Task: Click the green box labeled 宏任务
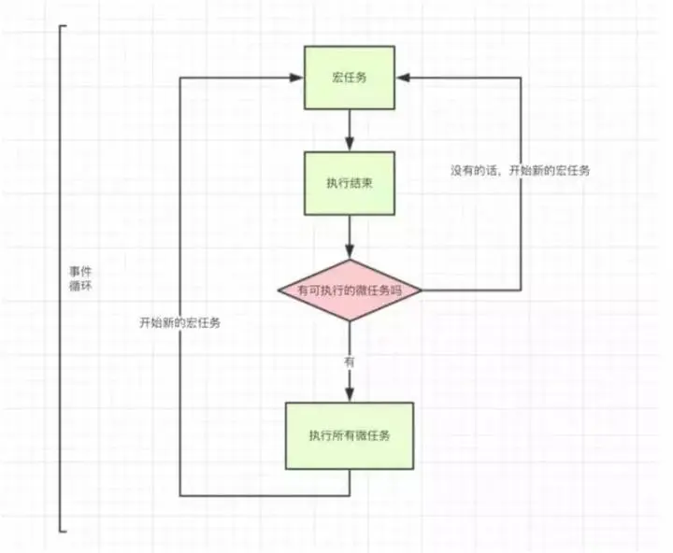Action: pyautogui.click(x=349, y=77)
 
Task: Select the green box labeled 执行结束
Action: pyautogui.click(x=349, y=183)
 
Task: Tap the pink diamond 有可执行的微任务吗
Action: pyautogui.click(x=350, y=291)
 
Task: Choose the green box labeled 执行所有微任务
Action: pyautogui.click(x=349, y=435)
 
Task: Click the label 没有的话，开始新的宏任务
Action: pyautogui.click(x=520, y=172)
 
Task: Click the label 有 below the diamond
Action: pyautogui.click(x=350, y=359)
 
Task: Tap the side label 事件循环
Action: pyautogui.click(x=80, y=277)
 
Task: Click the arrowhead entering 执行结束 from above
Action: pyautogui.click(x=350, y=144)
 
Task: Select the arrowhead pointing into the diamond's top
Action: pyautogui.click(x=350, y=252)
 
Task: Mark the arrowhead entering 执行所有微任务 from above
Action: pyautogui.click(x=350, y=396)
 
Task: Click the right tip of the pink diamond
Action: pyautogui.click(x=422, y=291)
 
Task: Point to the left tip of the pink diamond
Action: pyautogui.click(x=278, y=291)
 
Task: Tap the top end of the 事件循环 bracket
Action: pyautogui.click(x=64, y=26)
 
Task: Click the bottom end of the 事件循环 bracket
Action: pyautogui.click(x=64, y=530)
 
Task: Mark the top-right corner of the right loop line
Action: pyautogui.click(x=520, y=78)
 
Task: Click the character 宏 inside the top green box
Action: pyautogui.click(x=336, y=77)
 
